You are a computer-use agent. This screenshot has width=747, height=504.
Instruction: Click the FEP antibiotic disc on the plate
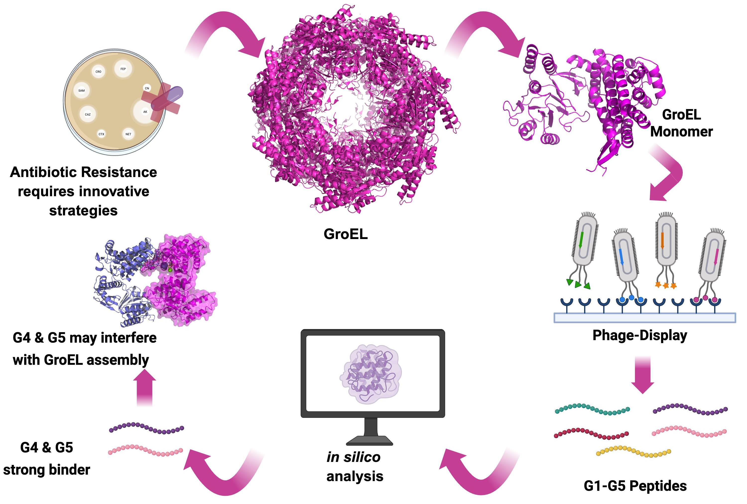[x=123, y=69]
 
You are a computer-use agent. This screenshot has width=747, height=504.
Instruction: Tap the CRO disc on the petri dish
[x=98, y=72]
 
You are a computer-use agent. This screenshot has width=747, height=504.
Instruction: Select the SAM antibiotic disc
[x=82, y=91]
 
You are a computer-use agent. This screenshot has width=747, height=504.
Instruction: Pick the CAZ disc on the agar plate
[x=88, y=115]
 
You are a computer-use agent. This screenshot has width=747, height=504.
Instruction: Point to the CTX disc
[x=101, y=134]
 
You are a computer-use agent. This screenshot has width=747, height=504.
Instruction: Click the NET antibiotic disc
[x=128, y=134]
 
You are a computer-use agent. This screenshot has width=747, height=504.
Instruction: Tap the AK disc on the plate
[x=145, y=112]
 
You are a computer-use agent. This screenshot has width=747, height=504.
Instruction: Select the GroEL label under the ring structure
[x=346, y=234]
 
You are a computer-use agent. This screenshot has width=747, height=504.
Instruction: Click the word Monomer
[x=682, y=132]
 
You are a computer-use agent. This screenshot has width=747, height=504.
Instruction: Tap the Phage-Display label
[x=640, y=335]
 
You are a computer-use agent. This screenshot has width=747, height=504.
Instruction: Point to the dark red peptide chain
[x=591, y=433]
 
